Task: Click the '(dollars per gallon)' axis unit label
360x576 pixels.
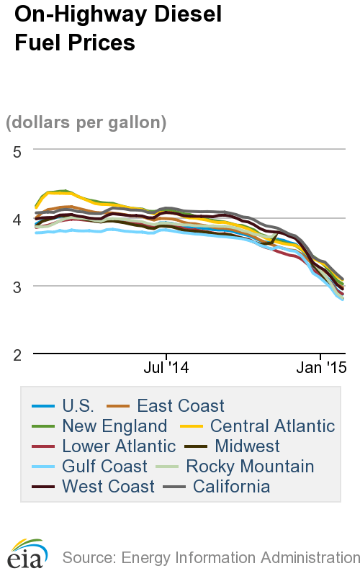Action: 86,122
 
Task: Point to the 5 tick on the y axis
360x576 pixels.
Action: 18,150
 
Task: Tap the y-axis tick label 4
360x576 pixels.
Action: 18,218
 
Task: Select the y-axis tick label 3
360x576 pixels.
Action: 18,287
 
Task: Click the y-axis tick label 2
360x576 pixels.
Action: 18,354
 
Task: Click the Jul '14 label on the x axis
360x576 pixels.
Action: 166,368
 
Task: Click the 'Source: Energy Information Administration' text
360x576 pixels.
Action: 211,557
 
